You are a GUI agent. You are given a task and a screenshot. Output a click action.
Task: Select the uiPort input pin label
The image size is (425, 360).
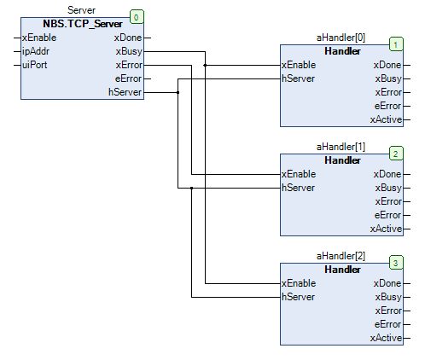point(35,65)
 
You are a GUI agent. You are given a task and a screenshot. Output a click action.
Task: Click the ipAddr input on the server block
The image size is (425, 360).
point(36,51)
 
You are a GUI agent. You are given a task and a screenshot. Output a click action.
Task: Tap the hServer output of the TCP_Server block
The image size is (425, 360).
point(126,92)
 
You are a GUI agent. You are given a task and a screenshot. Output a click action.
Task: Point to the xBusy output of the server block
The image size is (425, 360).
point(128,51)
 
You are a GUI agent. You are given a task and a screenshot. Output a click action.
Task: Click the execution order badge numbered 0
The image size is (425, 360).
point(136,15)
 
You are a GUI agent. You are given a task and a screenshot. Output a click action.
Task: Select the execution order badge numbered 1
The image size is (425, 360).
point(395,43)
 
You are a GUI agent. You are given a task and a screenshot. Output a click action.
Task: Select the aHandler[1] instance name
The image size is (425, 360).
point(341,148)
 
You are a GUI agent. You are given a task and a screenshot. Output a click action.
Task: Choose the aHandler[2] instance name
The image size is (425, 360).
point(341,257)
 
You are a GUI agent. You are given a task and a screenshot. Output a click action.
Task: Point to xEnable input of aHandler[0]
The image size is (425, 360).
point(299,65)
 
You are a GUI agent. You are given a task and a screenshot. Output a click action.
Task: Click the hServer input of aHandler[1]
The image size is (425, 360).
point(299,188)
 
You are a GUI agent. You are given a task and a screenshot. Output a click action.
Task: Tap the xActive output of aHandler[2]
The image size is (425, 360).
point(386,338)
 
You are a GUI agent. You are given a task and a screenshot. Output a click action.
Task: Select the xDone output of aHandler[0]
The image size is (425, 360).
point(387,65)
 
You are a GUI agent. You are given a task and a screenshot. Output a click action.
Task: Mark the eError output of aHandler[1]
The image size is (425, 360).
point(387,215)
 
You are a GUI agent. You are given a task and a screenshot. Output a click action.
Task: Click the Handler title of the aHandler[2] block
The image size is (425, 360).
point(342,270)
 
